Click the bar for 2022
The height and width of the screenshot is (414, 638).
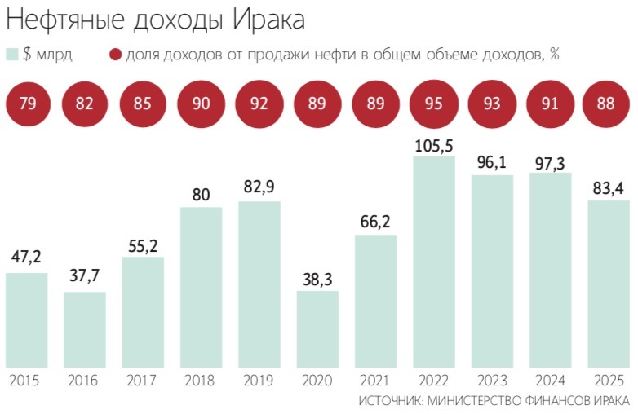(434, 261)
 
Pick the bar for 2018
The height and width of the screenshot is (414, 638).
(202, 285)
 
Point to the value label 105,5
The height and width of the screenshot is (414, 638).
(434, 146)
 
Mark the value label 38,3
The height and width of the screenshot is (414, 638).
(317, 280)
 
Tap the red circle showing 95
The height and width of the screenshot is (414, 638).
(433, 103)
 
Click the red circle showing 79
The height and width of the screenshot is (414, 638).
(27, 103)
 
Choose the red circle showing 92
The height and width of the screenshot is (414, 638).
(259, 103)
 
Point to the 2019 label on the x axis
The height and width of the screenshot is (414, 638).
(259, 380)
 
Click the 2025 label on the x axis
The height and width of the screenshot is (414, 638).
(608, 380)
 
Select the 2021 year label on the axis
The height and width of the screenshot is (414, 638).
(375, 380)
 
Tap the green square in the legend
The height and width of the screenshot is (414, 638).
(12, 55)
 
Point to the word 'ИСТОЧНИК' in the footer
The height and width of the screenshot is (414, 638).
(388, 402)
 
